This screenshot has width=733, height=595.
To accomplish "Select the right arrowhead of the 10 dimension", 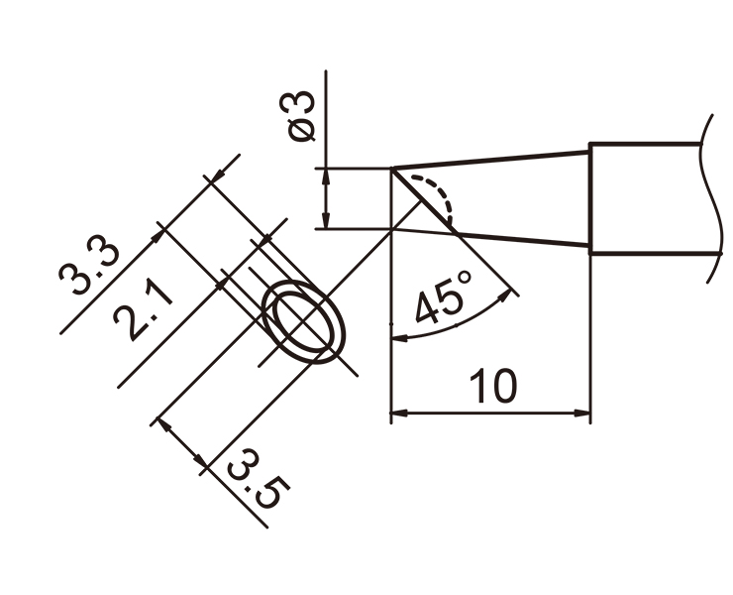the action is (x=581, y=414).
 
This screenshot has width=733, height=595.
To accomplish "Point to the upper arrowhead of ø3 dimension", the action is (x=326, y=176).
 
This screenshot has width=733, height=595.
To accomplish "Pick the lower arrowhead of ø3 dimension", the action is (x=326, y=220).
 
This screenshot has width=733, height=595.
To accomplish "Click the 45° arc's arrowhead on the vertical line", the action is (x=400, y=337).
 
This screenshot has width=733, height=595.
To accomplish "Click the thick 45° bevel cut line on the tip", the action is (x=424, y=200).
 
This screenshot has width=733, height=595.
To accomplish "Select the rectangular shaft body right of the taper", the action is (x=655, y=198).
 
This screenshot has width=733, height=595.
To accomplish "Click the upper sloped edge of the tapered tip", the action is (x=490, y=160).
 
